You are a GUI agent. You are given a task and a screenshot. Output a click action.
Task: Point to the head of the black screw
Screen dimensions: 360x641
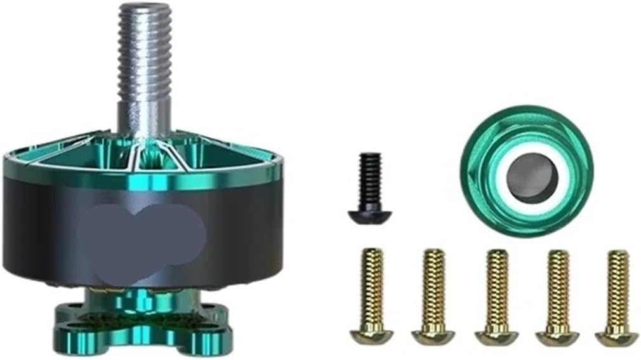point(369,215)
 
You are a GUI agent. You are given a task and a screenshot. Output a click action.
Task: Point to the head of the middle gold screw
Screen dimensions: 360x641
point(496,336)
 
